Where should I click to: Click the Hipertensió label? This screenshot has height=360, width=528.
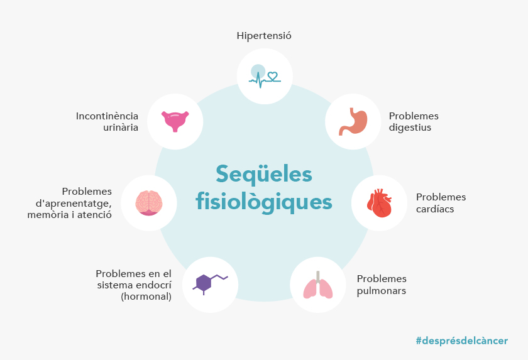pyautogui.click(x=264, y=36)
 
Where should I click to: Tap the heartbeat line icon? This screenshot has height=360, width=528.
pyautogui.click(x=265, y=77)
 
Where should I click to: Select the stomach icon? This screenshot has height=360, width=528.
pyautogui.click(x=353, y=121)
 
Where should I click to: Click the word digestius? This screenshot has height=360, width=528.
pyautogui.click(x=410, y=128)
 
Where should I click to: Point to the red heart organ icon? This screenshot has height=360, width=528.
pyautogui.click(x=380, y=203)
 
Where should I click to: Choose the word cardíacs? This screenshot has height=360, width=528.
pyautogui.click(x=435, y=209)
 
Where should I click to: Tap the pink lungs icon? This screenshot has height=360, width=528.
pyautogui.click(x=318, y=285)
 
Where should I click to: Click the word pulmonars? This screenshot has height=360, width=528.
pyautogui.click(x=382, y=291)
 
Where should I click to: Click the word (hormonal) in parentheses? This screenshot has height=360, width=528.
pyautogui.click(x=146, y=297)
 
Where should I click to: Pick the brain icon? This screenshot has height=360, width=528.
pyautogui.click(x=149, y=203)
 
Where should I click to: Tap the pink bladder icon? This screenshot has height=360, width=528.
pyautogui.click(x=175, y=121)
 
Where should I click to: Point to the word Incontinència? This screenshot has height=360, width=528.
pyautogui.click(x=107, y=116)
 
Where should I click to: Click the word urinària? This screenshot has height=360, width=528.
pyautogui.click(x=121, y=128)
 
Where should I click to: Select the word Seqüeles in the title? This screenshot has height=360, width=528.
pyautogui.click(x=264, y=175)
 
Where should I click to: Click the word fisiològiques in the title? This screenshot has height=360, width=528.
pyautogui.click(x=264, y=202)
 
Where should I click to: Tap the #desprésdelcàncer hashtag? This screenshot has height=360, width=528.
pyautogui.click(x=461, y=341)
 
